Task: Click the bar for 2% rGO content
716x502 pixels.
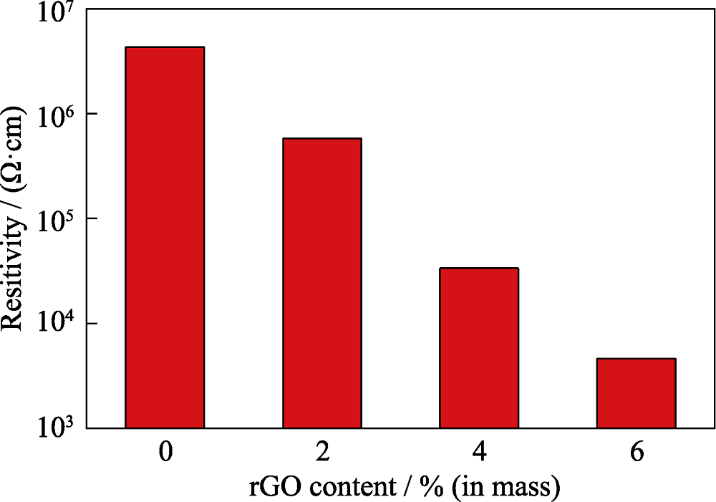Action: coord(321,284)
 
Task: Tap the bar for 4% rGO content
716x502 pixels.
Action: coord(479,348)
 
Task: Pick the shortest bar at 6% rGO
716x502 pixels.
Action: coord(636,393)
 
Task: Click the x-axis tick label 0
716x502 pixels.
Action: coord(165,453)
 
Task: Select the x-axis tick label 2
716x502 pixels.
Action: coord(321,453)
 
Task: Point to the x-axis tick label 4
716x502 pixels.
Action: coord(479,453)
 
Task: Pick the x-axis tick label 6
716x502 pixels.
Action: coord(636,453)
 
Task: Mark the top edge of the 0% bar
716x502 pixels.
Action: coord(165,47)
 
